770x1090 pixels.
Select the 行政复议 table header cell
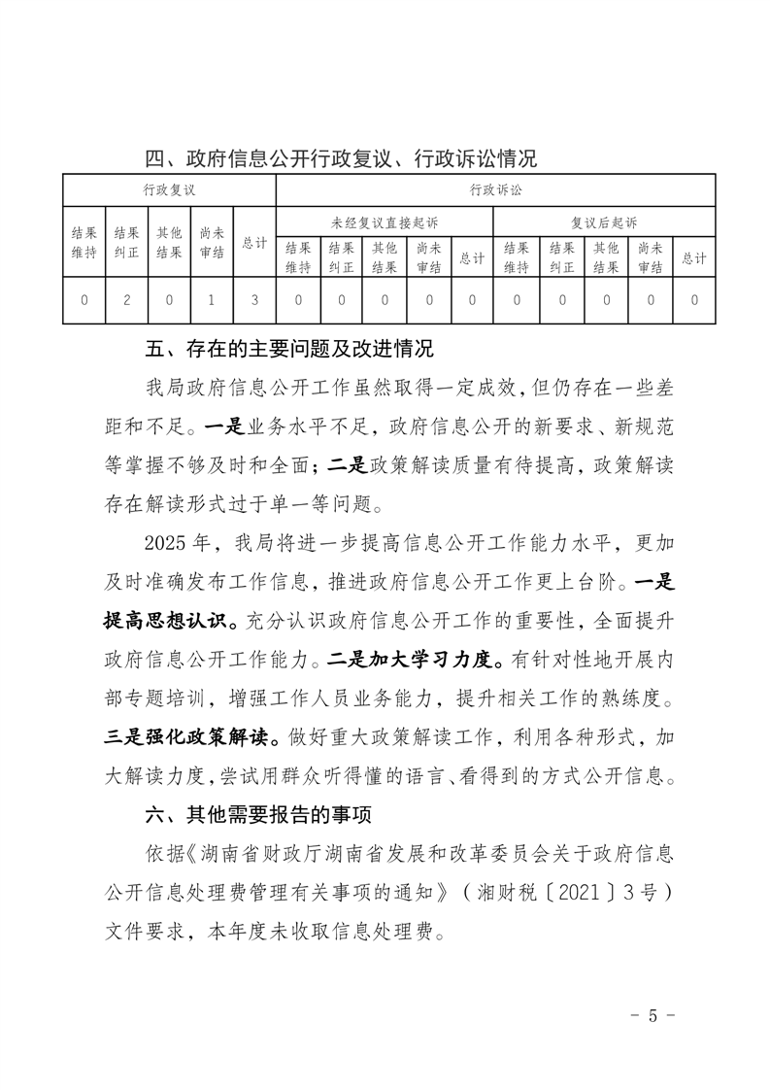tap(169, 190)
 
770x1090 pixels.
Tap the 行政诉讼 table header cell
tap(495, 190)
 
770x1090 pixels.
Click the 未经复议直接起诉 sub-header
tap(385, 222)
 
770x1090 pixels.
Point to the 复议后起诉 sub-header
tap(604, 222)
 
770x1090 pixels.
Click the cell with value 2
tap(127, 300)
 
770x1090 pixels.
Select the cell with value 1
tap(212, 300)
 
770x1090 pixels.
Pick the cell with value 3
tap(254, 300)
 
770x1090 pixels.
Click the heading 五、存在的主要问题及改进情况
tap(287, 348)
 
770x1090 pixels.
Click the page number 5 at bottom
tap(652, 1016)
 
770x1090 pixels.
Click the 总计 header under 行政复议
tap(254, 244)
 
